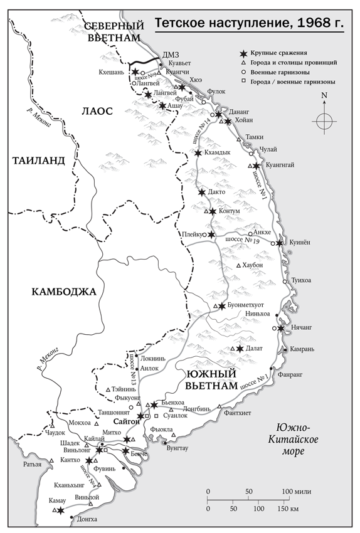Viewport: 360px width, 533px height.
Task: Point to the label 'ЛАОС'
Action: [97, 111]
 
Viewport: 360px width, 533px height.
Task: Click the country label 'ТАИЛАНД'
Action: [38, 161]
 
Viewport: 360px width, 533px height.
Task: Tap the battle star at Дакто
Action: [201, 192]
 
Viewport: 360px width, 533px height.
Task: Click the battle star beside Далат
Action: [239, 349]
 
